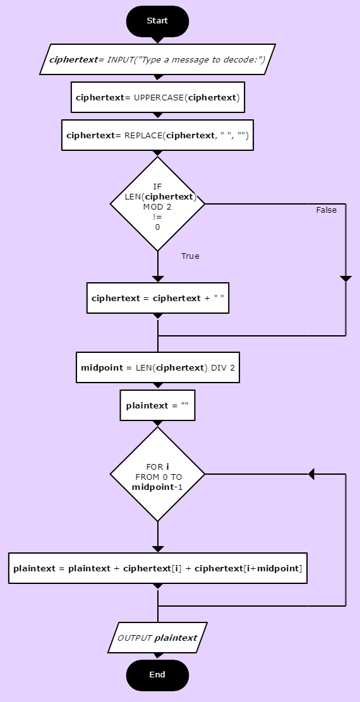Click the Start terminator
tap(158, 21)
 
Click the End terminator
tap(158, 675)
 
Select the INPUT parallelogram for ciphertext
tap(158, 59)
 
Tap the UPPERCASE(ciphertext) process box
tap(158, 97)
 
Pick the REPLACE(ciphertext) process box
tap(158, 135)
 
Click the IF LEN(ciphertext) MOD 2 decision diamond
tap(158, 204)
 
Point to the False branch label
tap(327, 210)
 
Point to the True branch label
tap(190, 256)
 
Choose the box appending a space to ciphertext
tap(158, 298)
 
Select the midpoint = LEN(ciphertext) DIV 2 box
tap(158, 367)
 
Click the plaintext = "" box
tap(158, 406)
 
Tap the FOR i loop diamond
tap(158, 474)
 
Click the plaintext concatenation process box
tap(158, 568)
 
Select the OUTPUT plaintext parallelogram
tap(158, 638)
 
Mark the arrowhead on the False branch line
tap(345, 279)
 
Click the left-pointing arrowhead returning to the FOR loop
tap(311, 474)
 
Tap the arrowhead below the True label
tap(158, 279)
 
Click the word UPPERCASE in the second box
tap(159, 97)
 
